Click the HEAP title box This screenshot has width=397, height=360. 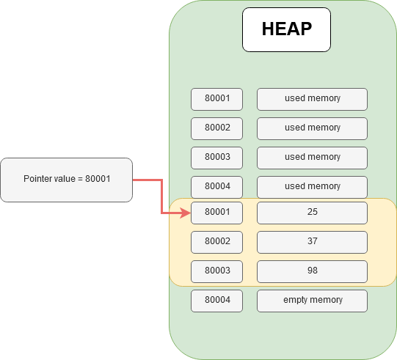coord(286,29)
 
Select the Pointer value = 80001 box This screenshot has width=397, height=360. coord(67,180)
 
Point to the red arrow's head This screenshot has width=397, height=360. coord(186,213)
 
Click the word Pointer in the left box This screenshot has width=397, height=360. coord(37,179)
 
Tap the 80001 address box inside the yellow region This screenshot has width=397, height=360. coord(216,213)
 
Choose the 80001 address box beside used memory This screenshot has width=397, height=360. coord(216,98)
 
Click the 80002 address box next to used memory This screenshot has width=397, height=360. coord(216,128)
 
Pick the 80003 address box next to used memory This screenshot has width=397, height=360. coord(216,157)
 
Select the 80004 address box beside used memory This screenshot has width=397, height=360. coord(216,186)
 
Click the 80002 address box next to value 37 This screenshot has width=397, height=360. coord(216,241)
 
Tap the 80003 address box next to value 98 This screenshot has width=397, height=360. coord(216,271)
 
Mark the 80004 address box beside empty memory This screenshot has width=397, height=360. coord(216,300)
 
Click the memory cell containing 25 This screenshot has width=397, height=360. coord(312,213)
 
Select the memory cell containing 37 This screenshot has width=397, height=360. coord(312,241)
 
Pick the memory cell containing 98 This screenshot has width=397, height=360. coord(312,271)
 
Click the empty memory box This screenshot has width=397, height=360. coord(312,300)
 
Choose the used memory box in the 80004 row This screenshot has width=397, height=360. coord(312,186)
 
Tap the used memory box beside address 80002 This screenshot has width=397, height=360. coord(312,128)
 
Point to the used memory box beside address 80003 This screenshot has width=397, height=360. coord(312,157)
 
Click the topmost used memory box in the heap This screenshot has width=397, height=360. coord(312,98)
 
